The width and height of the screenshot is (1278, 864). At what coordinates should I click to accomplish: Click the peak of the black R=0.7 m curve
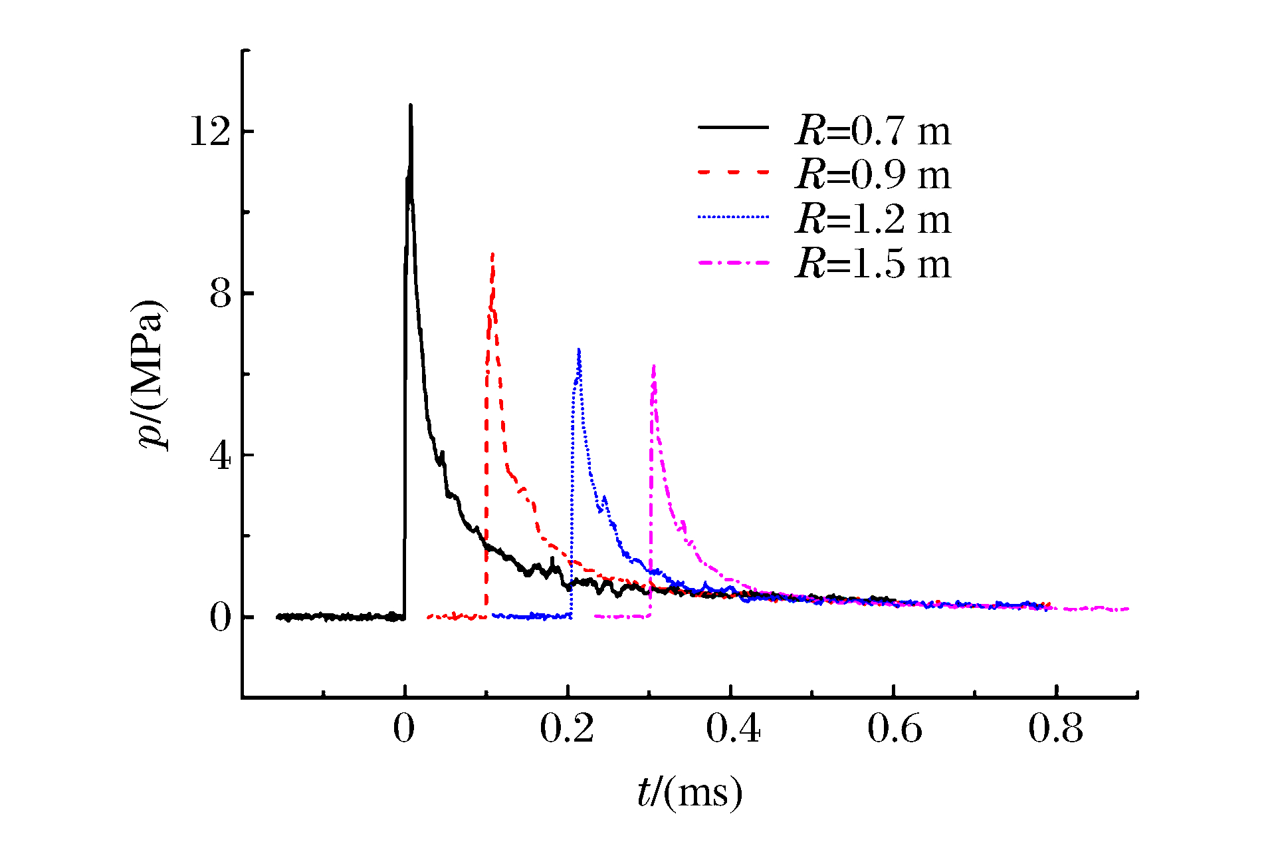411,105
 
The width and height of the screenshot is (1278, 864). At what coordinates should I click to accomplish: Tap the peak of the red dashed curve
492,254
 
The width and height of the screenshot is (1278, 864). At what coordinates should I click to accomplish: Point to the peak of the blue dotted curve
579,349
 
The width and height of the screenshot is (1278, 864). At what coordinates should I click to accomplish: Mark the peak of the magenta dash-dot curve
654,366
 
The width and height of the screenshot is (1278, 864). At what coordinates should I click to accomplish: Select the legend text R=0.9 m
873,174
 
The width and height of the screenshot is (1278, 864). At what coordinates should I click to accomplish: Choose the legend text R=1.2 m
873,219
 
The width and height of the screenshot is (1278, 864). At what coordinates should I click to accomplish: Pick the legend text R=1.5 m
873,263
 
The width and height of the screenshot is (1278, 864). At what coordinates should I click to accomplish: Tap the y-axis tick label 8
221,293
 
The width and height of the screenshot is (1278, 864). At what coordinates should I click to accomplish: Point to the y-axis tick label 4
221,456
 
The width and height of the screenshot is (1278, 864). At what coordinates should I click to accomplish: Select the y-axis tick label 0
221,617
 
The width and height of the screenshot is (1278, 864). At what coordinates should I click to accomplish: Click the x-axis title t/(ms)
689,793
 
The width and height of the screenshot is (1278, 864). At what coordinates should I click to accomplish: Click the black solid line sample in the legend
733,127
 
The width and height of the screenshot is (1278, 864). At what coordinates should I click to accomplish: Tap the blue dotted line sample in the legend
733,217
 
